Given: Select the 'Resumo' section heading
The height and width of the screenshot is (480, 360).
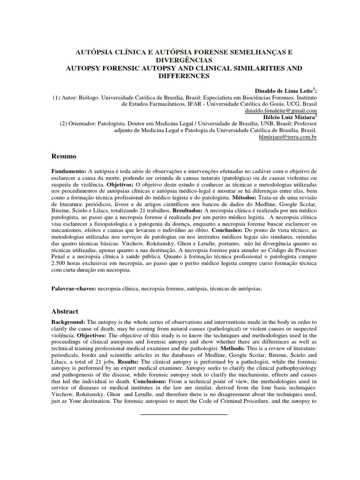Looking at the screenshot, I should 63,156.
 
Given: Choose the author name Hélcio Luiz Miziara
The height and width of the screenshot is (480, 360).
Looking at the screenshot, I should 287,117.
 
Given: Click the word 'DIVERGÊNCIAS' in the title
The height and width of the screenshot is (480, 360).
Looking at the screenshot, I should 180,61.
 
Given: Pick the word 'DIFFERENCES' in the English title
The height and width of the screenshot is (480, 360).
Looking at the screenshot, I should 180,76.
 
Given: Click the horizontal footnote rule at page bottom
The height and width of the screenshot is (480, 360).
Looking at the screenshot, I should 183,414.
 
